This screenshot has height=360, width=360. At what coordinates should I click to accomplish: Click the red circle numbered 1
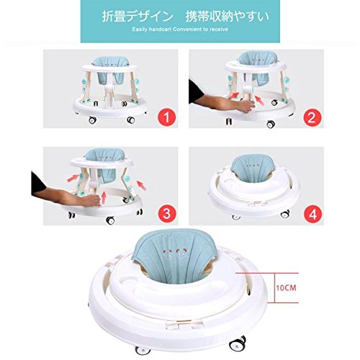(166, 118)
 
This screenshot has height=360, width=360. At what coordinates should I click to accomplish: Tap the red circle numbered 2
(312, 118)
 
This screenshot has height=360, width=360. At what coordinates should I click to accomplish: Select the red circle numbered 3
(166, 214)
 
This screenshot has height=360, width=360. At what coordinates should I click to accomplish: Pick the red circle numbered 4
(313, 214)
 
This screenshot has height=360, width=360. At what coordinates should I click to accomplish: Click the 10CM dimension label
(286, 288)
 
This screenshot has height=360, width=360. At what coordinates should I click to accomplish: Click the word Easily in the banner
(140, 30)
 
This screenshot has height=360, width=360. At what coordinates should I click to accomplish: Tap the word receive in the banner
(219, 30)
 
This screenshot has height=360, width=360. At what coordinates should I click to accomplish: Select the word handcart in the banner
(160, 30)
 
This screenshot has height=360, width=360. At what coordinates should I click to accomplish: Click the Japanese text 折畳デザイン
(138, 17)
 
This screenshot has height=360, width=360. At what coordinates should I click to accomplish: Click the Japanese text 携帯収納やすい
(228, 17)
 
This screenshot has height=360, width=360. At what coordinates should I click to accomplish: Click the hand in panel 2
(246, 106)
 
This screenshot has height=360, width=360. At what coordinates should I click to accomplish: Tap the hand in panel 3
(91, 201)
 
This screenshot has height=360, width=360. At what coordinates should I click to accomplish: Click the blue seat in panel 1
(111, 71)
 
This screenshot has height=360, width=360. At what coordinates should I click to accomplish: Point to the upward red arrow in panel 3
(104, 198)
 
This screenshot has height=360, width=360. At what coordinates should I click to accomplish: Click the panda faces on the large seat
(174, 253)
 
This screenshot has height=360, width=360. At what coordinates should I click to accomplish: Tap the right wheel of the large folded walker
(238, 343)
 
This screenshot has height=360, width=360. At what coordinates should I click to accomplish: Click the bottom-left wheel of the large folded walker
(142, 351)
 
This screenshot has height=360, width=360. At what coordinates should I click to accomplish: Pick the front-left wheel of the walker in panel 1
(92, 120)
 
